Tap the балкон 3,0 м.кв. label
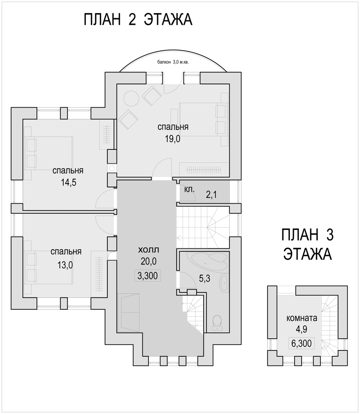tap(173, 62)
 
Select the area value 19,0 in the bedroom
tap(173, 139)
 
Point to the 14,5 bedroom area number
tap(69, 183)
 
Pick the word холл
tap(149, 250)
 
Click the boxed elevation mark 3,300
tap(148, 275)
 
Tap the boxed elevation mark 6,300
tap(302, 344)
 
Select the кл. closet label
tap(189, 190)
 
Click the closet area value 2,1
tap(211, 195)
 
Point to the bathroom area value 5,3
tap(205, 278)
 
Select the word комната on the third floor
tap(302, 318)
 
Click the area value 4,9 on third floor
tap(302, 329)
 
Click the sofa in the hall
tap(129, 313)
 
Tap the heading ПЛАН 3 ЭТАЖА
tap(307, 244)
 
